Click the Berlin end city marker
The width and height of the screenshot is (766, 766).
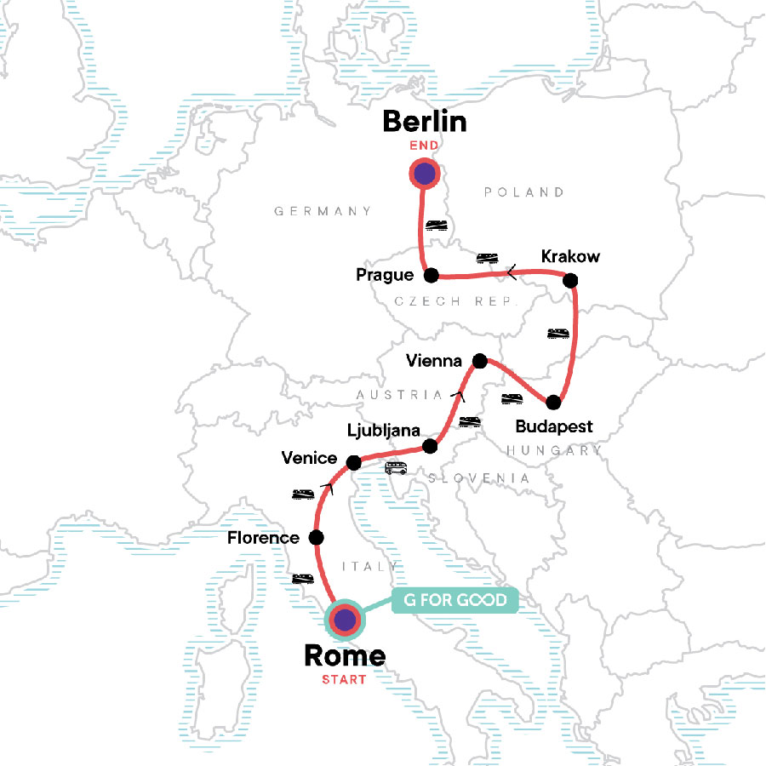point(424,174)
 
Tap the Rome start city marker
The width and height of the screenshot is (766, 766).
point(345,620)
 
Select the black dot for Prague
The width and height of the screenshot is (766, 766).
point(431,275)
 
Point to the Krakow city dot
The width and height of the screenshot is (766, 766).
point(570,279)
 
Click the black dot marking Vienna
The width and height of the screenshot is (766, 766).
point(479,361)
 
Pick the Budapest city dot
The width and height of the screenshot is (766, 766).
point(554,402)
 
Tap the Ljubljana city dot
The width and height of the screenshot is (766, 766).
point(431,446)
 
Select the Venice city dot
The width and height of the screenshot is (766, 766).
point(353,462)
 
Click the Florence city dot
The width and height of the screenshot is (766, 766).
point(316,537)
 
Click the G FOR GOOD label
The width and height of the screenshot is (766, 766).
point(454,601)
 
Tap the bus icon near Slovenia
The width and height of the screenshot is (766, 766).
point(396,467)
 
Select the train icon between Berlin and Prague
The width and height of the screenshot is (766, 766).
point(437,224)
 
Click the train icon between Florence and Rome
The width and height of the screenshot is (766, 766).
point(303,579)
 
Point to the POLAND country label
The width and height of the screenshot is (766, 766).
point(523,192)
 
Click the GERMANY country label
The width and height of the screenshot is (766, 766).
point(323,211)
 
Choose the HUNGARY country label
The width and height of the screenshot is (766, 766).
point(553,450)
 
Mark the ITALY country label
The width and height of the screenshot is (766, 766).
point(370,566)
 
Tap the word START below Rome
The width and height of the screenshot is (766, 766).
point(344,679)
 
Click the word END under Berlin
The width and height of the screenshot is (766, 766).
point(424,146)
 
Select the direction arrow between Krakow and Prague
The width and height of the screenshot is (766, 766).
point(512,273)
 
